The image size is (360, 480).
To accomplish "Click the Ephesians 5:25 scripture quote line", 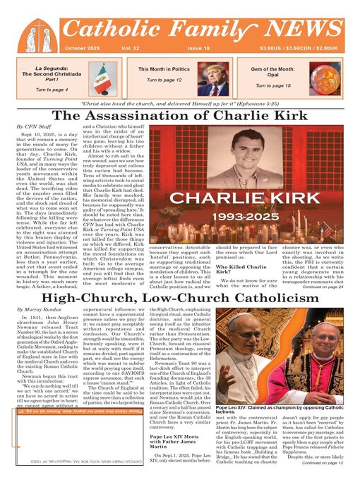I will pos(183,102).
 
